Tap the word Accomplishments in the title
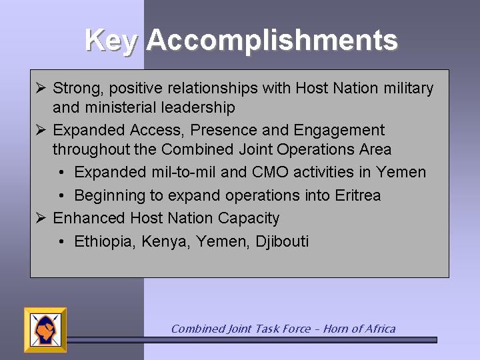(272, 41)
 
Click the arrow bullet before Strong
(41, 87)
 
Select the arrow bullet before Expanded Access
(41, 130)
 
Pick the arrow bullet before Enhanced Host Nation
(41, 217)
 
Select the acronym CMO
(270, 172)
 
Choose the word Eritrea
(358, 195)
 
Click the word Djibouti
(282, 242)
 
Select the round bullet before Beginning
(61, 195)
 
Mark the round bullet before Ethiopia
(61, 241)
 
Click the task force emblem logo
(45, 330)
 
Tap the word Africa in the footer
(379, 329)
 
